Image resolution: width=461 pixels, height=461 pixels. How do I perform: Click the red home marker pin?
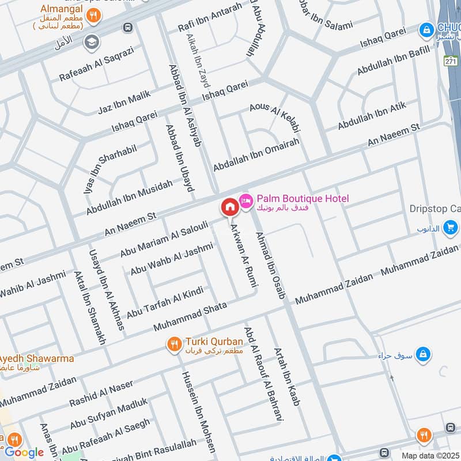(x=229, y=206)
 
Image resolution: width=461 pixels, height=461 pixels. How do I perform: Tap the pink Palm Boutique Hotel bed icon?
(x=246, y=199)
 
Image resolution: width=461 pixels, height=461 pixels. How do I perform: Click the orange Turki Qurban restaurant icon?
(x=174, y=345)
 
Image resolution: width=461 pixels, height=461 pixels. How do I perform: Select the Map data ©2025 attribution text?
(x=430, y=455)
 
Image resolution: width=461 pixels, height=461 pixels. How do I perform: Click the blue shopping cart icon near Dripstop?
(x=451, y=227)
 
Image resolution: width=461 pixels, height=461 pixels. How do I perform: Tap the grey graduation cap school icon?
(x=92, y=42)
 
